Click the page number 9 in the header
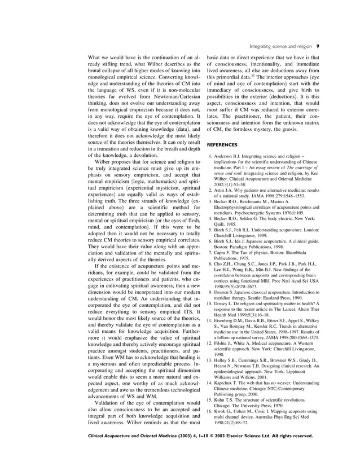(x=318, y=46)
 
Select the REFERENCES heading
(x=222, y=144)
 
